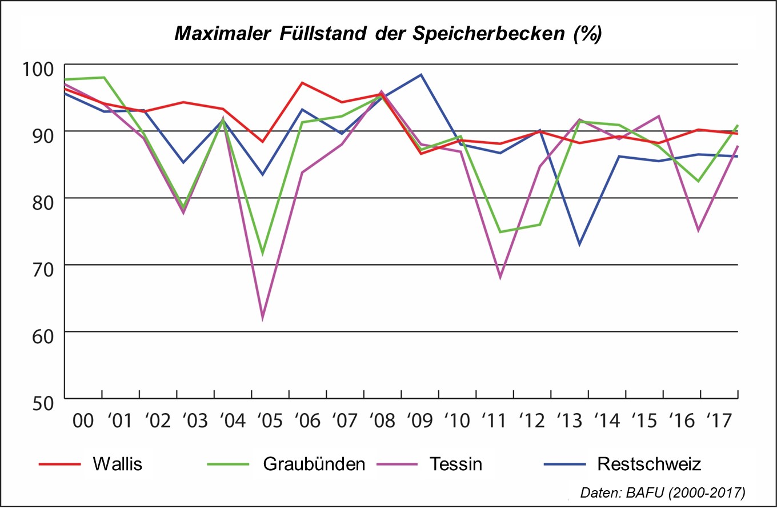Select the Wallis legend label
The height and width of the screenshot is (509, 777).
(x=117, y=464)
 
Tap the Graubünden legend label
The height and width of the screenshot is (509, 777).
(x=314, y=464)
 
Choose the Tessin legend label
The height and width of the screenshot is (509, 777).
(x=455, y=464)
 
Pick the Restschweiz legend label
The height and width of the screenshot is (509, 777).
(x=649, y=464)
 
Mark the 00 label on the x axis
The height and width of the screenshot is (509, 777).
(x=83, y=422)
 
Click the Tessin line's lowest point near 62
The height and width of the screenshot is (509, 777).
(x=263, y=318)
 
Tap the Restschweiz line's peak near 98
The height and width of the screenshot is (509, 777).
(x=421, y=74)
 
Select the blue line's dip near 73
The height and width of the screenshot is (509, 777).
(x=579, y=245)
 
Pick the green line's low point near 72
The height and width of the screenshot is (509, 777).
(x=263, y=253)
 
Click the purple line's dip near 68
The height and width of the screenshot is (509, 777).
(x=500, y=278)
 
